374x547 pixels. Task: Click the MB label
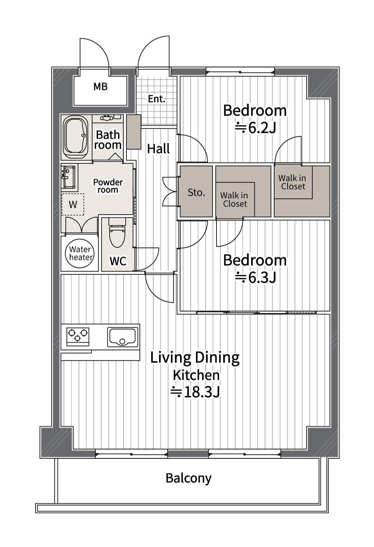101,86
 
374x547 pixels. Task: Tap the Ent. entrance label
157,99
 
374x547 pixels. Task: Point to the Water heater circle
80,253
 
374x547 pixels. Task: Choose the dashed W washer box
73,204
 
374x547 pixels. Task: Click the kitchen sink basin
122,337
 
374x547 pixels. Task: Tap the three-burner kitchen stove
78,337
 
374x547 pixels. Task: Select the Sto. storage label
196,193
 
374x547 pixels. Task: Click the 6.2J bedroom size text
256,128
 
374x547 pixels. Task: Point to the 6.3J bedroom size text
256,277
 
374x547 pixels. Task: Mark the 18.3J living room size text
195,392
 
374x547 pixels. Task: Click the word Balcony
188,478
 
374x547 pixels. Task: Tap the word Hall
159,149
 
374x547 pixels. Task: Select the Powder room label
108,186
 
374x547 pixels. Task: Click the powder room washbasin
69,177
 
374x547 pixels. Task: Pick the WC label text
118,261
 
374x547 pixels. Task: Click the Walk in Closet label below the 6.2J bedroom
292,182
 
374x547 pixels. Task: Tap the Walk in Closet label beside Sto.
234,200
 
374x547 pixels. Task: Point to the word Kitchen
196,375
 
